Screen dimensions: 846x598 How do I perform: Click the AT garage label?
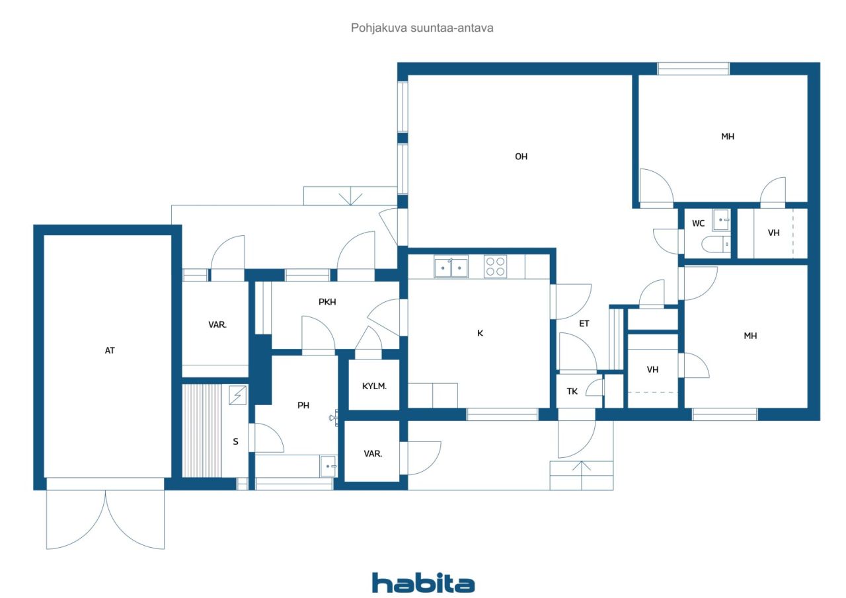(x=110, y=351)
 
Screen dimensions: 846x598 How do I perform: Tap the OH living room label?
(x=521, y=157)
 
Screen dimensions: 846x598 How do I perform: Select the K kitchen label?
(x=480, y=333)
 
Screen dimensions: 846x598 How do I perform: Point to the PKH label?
(x=327, y=302)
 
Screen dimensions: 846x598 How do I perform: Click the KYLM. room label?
(x=374, y=386)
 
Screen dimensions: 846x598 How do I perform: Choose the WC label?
(x=699, y=223)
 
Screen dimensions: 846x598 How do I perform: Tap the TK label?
(x=572, y=391)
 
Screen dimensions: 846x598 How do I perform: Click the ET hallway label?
(x=584, y=324)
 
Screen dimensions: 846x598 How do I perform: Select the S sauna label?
(x=236, y=441)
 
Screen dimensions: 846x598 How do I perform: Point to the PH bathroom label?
(x=303, y=406)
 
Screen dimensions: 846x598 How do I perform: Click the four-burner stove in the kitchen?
(x=495, y=266)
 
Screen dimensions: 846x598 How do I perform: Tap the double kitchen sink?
(x=451, y=267)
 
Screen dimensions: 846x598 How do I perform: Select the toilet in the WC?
(x=716, y=244)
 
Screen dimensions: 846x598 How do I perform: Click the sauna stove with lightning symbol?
(x=237, y=395)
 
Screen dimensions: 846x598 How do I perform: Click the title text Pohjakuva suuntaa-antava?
(x=422, y=28)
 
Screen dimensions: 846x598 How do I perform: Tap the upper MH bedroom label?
(x=728, y=137)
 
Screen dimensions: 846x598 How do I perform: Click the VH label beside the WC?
(x=774, y=233)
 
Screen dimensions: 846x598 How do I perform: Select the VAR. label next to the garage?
(x=217, y=324)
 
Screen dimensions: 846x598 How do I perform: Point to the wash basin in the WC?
(x=721, y=220)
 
